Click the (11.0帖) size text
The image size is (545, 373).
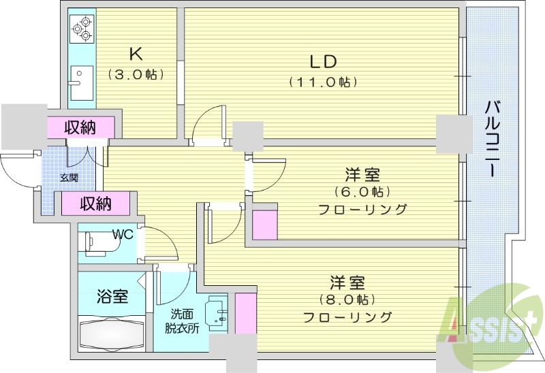tap(323, 82)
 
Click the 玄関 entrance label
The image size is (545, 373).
tap(68, 178)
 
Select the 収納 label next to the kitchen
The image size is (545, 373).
tap(80, 127)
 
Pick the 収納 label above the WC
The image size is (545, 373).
tap(95, 202)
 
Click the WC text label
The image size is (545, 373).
tap(123, 235)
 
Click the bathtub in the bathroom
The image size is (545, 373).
tap(112, 334)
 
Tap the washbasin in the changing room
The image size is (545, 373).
tap(218, 314)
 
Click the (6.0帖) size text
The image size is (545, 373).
tap(362, 191)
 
